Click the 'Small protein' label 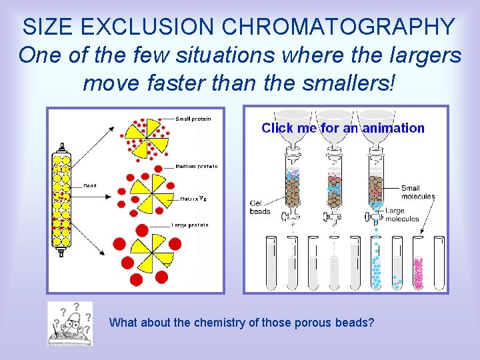pyautogui.click(x=193, y=119)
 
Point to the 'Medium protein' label pyautogui.click(x=197, y=166)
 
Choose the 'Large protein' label pyautogui.click(x=191, y=225)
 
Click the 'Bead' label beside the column pyautogui.click(x=90, y=186)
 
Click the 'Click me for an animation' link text pyautogui.click(x=343, y=128)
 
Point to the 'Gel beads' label pyautogui.click(x=260, y=207)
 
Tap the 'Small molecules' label pyautogui.click(x=418, y=193)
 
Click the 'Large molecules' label pyautogui.click(x=402, y=215)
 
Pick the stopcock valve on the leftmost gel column pyautogui.click(x=291, y=215)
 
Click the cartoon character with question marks pyautogui.click(x=69, y=323)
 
